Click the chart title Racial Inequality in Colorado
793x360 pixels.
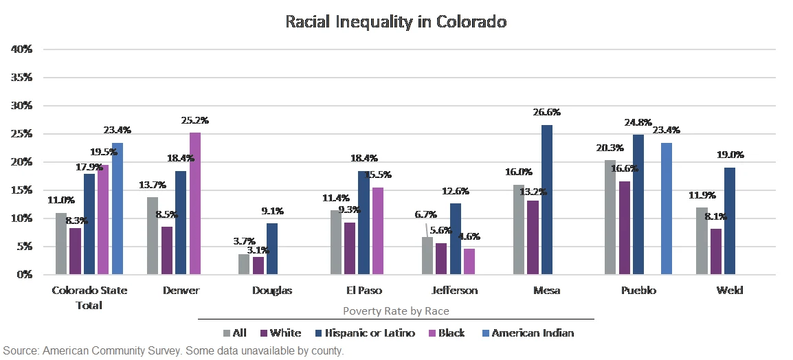point(396,21)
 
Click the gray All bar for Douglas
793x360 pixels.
point(243,264)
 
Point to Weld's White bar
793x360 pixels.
point(715,251)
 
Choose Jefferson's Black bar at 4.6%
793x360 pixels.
point(469,261)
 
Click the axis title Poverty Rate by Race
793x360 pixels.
point(396,311)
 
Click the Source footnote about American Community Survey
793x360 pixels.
point(172,351)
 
